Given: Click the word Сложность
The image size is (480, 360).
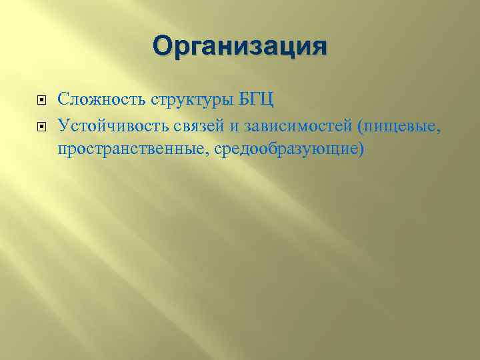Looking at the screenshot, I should coord(92,101).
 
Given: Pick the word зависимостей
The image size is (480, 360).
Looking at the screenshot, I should coord(280,125).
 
